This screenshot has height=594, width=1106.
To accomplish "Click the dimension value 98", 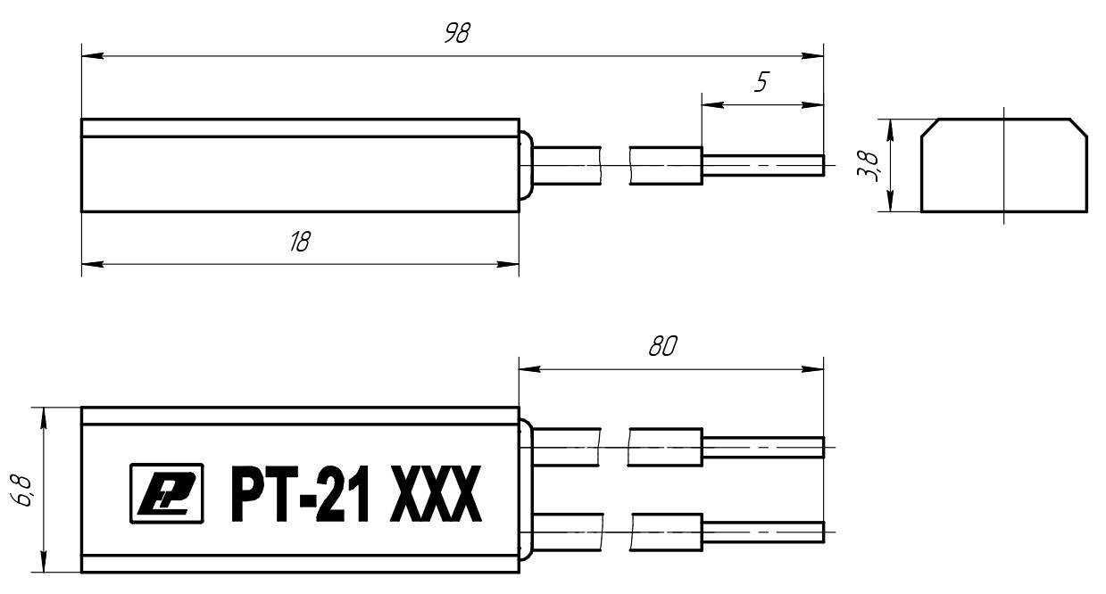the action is pyautogui.click(x=458, y=33).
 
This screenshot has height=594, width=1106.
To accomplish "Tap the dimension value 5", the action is pyautogui.click(x=761, y=82).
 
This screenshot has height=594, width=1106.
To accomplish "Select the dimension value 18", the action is pyautogui.click(x=300, y=242).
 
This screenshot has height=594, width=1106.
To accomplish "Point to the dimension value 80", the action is pyautogui.click(x=662, y=346).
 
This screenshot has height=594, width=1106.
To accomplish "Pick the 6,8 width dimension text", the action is pyautogui.click(x=21, y=491).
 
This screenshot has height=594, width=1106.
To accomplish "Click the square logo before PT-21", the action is pyautogui.click(x=167, y=493).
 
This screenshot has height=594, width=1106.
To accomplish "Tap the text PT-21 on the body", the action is pyautogui.click(x=300, y=494).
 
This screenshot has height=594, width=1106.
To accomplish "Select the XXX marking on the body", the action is pyautogui.click(x=436, y=494).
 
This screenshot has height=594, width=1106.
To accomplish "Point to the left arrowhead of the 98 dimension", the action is pyautogui.click(x=93, y=56).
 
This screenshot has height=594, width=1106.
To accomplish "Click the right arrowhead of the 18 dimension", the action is pyautogui.click(x=508, y=264).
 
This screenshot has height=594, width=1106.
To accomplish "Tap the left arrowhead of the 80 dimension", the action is pyautogui.click(x=530, y=369).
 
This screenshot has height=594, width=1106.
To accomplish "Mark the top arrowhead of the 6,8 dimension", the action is pyautogui.click(x=44, y=418).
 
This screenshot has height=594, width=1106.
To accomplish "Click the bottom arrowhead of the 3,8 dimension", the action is pyautogui.click(x=890, y=201).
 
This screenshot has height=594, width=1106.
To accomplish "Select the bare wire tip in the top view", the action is pyautogui.click(x=763, y=165).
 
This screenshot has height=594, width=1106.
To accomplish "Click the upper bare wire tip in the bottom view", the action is pyautogui.click(x=763, y=447).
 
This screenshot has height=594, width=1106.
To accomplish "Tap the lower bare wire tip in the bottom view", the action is pyautogui.click(x=763, y=532).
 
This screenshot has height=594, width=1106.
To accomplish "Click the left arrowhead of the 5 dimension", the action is pyautogui.click(x=713, y=104).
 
